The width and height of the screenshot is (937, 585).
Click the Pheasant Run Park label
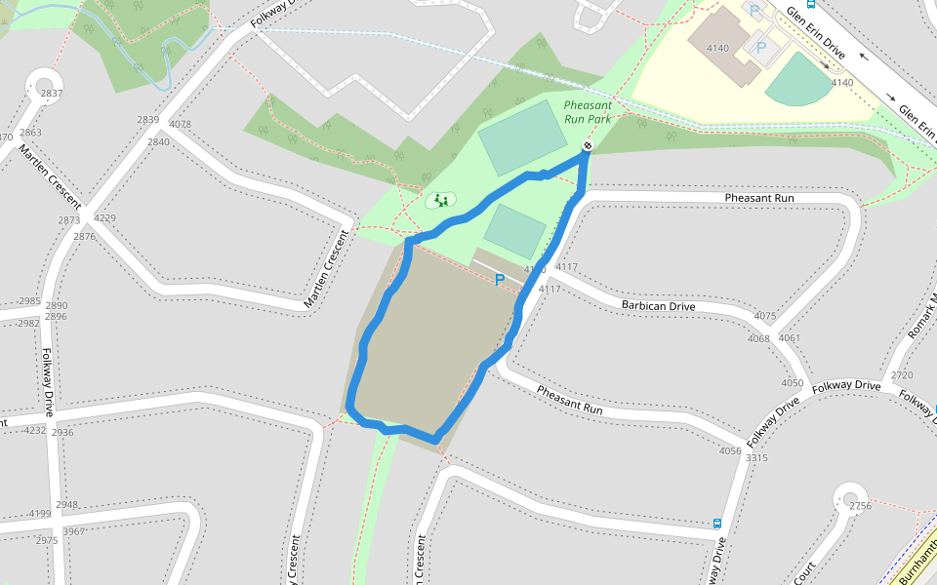[587, 112]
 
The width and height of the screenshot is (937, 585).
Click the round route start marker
[588, 146]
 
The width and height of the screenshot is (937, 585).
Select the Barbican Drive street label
[658, 306]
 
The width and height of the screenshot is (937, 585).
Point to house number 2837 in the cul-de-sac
[52, 94]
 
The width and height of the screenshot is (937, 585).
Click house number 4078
[181, 125]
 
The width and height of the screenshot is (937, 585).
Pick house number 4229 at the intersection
[103, 218]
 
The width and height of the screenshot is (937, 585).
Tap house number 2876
[84, 236]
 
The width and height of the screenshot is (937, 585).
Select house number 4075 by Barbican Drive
[765, 316]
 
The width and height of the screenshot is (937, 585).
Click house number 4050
[793, 383]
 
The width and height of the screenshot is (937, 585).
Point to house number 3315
[756, 457]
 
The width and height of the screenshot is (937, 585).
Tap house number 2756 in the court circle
[860, 505]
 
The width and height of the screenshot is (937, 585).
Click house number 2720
[902, 375]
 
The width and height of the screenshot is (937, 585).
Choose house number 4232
[35, 430]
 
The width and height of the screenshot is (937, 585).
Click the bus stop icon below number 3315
[717, 523]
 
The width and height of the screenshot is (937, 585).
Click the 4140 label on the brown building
[717, 48]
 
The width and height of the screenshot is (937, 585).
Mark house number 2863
[30, 133]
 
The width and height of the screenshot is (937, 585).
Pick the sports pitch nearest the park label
[522, 137]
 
